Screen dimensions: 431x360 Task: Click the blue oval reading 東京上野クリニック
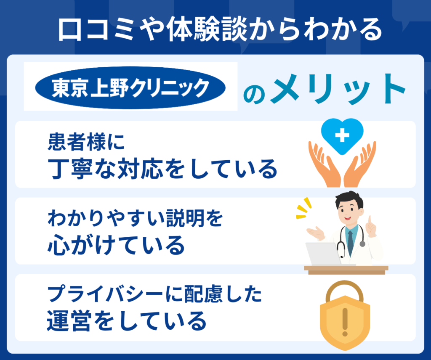tap(130, 87)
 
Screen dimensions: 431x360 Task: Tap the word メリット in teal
tap(338, 89)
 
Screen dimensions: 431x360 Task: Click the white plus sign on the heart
tap(342, 135)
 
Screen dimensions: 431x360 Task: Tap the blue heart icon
tap(342, 136)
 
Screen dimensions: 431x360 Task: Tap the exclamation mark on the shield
tap(345, 322)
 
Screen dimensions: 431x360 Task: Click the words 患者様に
tap(86, 142)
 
